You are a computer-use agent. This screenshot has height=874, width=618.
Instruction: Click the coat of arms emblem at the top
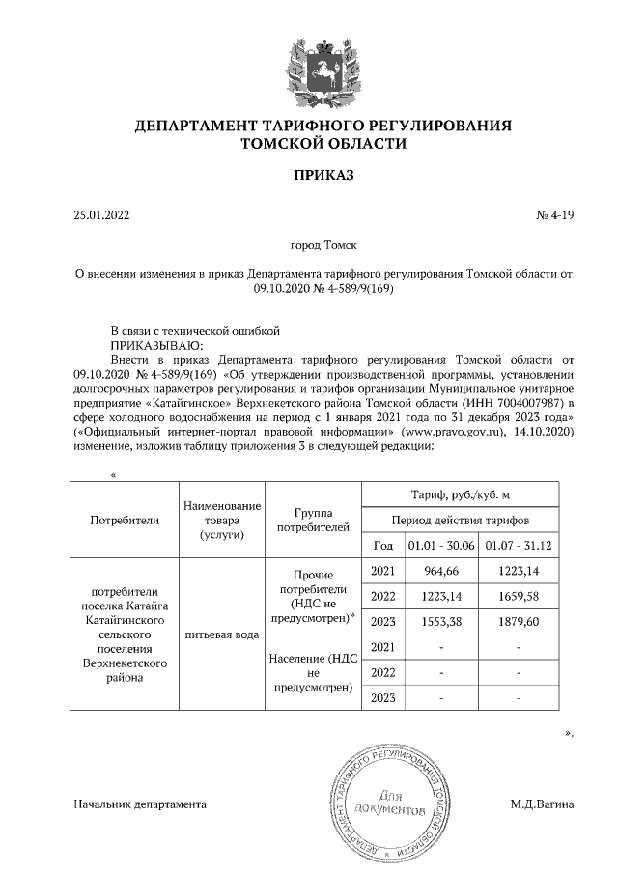[323, 67]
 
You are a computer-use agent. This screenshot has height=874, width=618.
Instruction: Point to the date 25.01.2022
[101, 215]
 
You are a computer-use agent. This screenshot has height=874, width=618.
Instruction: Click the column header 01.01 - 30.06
[440, 547]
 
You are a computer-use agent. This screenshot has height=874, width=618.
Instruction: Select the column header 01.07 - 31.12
[519, 547]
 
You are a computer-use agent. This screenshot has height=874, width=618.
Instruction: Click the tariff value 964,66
[440, 573]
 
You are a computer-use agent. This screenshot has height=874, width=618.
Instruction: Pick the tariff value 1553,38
[440, 622]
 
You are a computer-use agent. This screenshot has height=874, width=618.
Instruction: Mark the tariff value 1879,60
[519, 622]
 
